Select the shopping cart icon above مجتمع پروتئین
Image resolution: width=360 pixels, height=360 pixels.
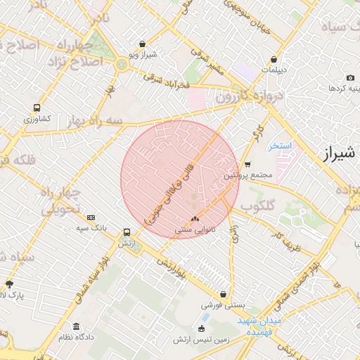point(247,165)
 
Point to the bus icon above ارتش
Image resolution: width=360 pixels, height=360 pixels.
point(127,232)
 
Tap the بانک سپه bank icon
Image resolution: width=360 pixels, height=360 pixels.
point(91,219)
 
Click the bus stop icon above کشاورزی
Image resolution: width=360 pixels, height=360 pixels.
point(37,108)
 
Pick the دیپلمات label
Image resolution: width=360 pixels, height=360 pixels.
point(273,70)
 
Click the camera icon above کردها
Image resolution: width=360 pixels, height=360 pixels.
point(350,78)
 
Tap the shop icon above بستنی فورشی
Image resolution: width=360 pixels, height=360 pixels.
point(224,295)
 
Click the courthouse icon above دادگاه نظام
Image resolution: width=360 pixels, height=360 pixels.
point(75,327)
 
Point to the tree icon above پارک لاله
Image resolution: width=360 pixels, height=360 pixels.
point(9,284)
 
